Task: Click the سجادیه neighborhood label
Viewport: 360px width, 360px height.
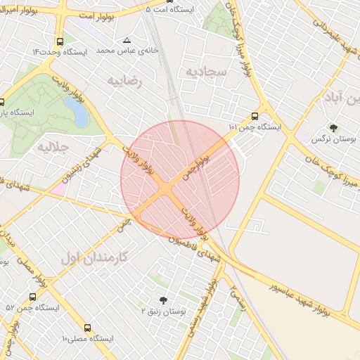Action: (205, 72)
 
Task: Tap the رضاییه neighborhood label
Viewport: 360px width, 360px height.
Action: (124, 81)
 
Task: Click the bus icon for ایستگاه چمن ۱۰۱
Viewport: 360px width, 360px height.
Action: (255, 117)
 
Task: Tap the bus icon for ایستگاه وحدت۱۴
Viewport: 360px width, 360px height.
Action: (60, 41)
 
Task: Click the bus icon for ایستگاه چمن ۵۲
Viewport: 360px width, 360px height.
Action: (32, 297)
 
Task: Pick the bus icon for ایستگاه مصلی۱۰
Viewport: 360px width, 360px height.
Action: (87, 328)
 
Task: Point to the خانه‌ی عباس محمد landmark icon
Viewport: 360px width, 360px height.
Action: (127, 40)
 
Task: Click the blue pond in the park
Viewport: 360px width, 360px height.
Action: (75, 111)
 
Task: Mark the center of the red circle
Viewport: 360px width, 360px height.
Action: (180, 180)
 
